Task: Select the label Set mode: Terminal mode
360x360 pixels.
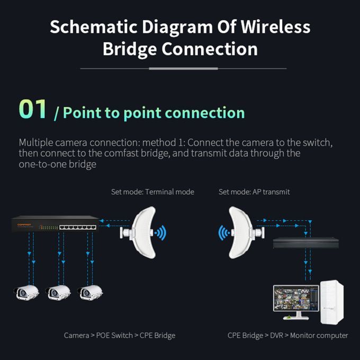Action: point(152,192)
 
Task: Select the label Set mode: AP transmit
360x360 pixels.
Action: point(254,192)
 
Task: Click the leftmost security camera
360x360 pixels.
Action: point(26,292)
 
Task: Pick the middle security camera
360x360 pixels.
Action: point(58,292)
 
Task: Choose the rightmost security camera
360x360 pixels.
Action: point(90,292)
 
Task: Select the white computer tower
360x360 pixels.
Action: point(331,302)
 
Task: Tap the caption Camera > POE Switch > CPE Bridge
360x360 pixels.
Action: point(119,335)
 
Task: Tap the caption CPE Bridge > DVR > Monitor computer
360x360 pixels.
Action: point(288,335)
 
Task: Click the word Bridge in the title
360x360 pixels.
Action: point(129,49)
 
